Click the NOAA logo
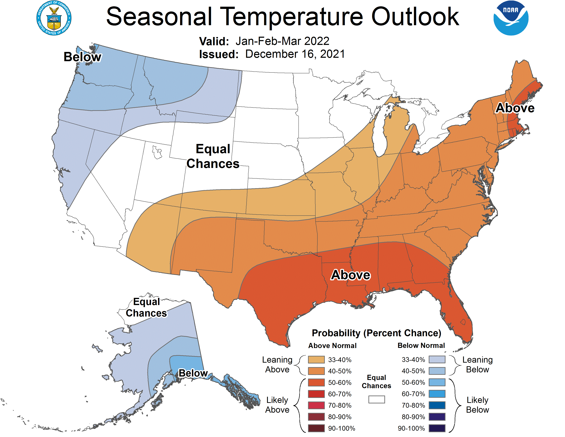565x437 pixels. tap(511, 18)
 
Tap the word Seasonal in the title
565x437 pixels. tap(159, 17)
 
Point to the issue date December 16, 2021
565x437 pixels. tap(295, 54)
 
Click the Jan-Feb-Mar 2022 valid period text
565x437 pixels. tap(282, 41)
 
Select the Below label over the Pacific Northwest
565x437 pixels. tap(83, 57)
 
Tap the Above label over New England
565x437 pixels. tap(515, 108)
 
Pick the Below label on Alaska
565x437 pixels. tap(193, 373)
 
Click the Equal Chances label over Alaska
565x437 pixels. tap(146, 307)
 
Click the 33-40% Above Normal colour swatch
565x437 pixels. tap(316, 360)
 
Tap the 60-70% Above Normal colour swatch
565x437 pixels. tap(316, 394)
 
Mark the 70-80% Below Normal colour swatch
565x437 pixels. tap(437, 405)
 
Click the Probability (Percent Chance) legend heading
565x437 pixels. tap(376, 333)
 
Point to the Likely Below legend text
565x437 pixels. tap(477, 405)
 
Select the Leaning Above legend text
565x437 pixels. tap(277, 365)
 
